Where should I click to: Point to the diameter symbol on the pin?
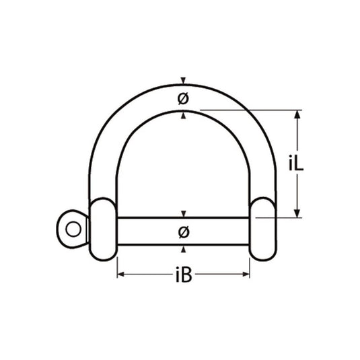coord(183,232)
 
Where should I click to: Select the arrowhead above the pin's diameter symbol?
coord(182,215)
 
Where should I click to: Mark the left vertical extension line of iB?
coord(118,266)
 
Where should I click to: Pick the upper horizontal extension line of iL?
coord(249,110)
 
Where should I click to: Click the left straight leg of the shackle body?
coord(102,168)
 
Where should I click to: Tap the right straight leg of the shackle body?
coord(264,168)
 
